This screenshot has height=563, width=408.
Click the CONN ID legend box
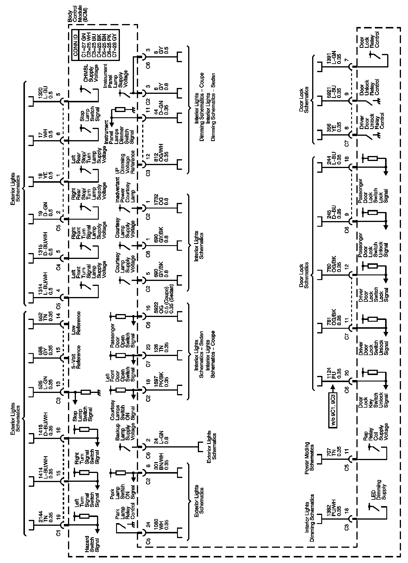pyautogui.click(x=96, y=45)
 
